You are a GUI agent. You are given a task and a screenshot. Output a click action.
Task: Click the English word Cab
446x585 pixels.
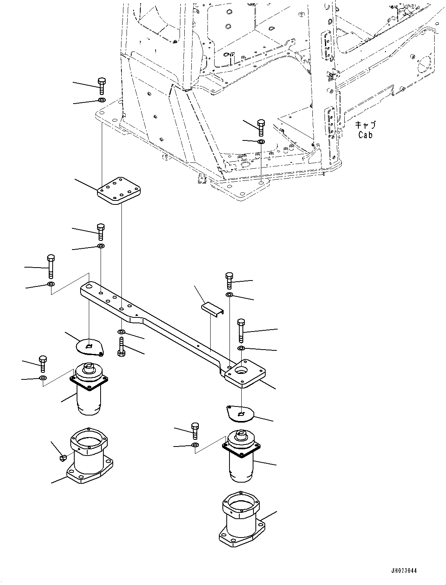(x=365, y=135)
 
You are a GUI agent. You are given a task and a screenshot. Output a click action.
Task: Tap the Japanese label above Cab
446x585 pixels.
(x=365, y=125)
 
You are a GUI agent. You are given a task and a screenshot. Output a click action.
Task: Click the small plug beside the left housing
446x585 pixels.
(x=63, y=457)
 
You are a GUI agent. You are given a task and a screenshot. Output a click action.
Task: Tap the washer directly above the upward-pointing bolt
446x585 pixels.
(x=121, y=333)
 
